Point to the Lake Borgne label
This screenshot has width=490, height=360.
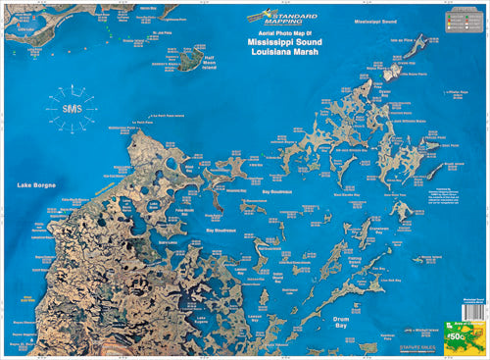[36, 184]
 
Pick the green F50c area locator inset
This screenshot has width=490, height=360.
[463, 336]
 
